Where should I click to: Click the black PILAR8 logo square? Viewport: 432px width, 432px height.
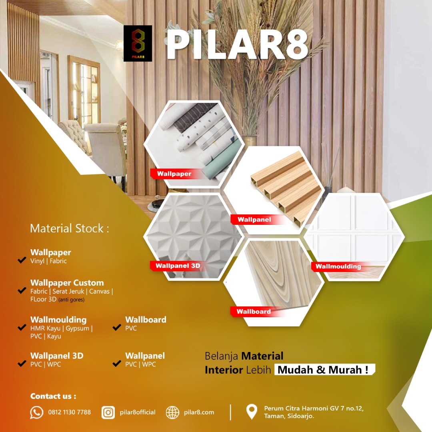tap(138, 43)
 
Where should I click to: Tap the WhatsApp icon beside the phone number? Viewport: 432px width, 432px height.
tap(37, 412)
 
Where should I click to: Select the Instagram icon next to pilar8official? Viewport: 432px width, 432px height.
tap(108, 412)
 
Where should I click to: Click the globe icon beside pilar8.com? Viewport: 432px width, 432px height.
tap(172, 412)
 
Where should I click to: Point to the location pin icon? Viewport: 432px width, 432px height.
tap(252, 412)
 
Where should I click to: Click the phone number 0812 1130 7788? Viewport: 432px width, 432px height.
tap(70, 412)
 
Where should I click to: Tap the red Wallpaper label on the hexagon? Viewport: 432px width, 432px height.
tap(174, 174)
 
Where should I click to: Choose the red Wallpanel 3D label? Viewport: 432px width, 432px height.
tap(178, 266)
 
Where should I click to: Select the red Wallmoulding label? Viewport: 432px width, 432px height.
tap(338, 266)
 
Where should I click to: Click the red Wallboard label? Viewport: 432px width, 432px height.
tap(254, 312)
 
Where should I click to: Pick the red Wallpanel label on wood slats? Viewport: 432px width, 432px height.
tap(254, 220)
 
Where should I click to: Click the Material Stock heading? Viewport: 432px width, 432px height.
tap(70, 228)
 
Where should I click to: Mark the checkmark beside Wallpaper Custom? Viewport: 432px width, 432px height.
tap(22, 290)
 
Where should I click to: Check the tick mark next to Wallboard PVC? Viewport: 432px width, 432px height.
tap(117, 327)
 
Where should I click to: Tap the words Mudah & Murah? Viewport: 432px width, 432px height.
tap(323, 370)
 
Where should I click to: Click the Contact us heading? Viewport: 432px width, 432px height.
tap(53, 396)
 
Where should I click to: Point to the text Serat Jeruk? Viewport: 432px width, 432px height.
tap(68, 291)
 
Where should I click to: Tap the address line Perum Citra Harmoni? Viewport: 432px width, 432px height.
tap(314, 408)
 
